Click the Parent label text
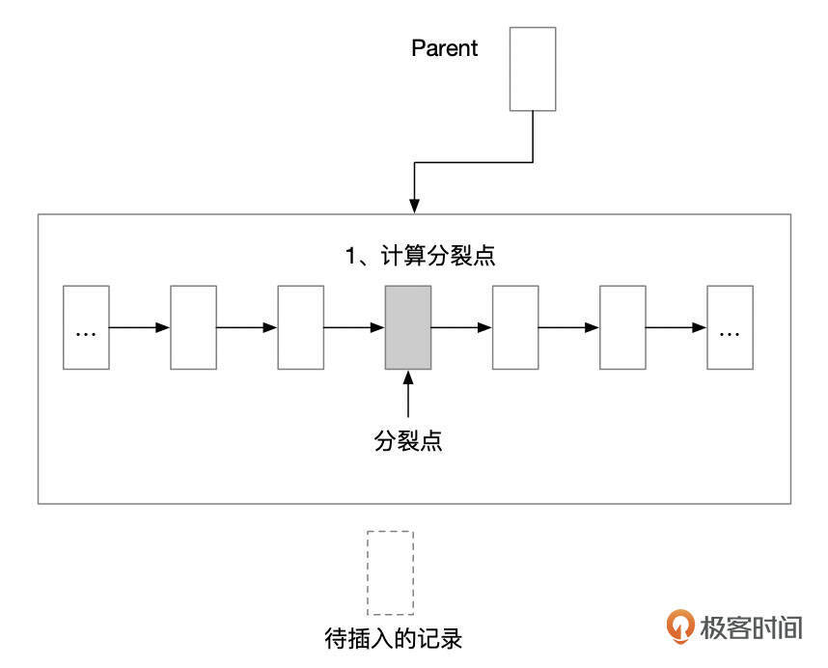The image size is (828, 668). tap(444, 48)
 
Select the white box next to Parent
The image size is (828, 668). tap(533, 69)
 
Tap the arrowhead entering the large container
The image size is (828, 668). tap(414, 206)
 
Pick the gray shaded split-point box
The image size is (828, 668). tap(408, 327)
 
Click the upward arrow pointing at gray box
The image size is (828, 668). tap(408, 396)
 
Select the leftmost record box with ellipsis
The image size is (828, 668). tap(86, 327)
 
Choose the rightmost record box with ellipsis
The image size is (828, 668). tap(730, 327)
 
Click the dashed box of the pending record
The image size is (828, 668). tap(391, 572)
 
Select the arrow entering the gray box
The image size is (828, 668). tap(354, 327)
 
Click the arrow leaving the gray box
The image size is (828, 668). tap(461, 327)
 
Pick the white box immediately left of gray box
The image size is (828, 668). tap(300, 327)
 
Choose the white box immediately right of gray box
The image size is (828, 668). tap(515, 327)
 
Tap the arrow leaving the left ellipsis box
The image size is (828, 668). tap(139, 327)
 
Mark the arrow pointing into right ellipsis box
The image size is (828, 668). tap(676, 327)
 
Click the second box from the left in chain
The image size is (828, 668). tap(193, 327)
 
